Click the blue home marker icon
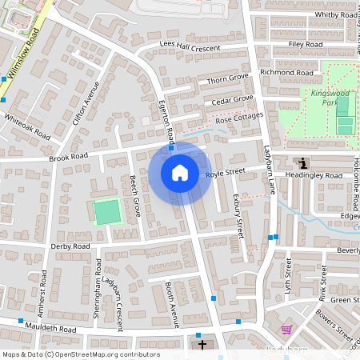(180, 173)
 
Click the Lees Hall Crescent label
(190, 48)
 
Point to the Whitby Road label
(335, 14)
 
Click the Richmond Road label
(286, 72)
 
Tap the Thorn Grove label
(228, 79)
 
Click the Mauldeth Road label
(50, 329)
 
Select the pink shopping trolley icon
(286, 330)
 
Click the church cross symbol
(202, 345)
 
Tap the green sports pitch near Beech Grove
(106, 212)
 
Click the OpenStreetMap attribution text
(70, 354)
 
